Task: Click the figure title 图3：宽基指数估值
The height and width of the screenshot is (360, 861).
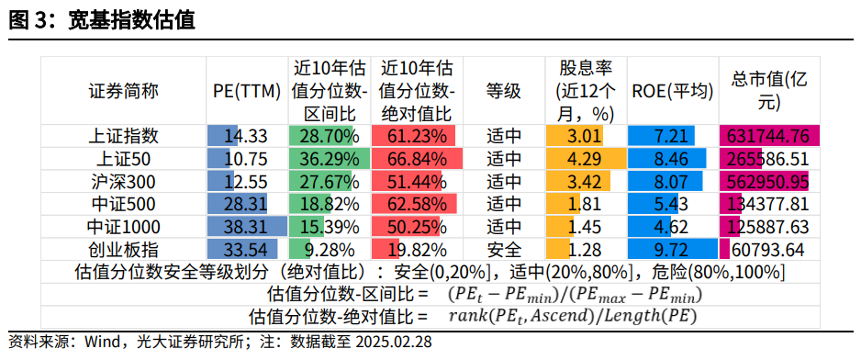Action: (102, 19)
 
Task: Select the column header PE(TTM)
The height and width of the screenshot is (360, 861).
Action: (246, 91)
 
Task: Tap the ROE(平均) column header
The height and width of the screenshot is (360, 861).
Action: (672, 91)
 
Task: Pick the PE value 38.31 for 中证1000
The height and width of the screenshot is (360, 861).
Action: (246, 227)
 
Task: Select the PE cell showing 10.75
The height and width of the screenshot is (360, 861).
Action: (246, 158)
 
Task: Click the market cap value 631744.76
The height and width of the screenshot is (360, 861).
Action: (767, 136)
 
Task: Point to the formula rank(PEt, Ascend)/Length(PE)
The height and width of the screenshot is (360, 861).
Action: (572, 317)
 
